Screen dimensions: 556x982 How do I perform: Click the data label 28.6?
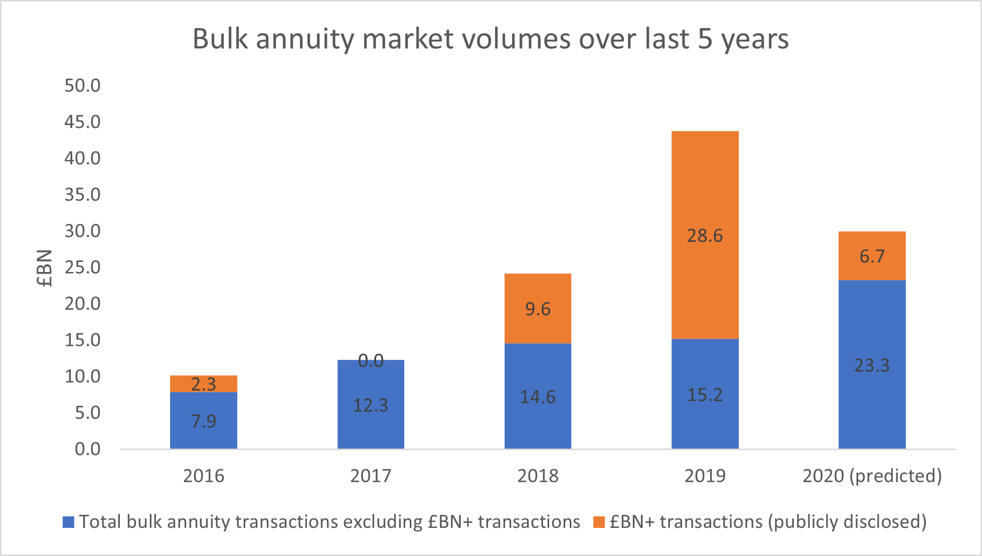[x=705, y=235]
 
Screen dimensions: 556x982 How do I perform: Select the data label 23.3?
[x=872, y=365]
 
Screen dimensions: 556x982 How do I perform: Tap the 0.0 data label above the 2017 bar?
[x=371, y=360]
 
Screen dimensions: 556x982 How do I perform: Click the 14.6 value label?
[x=538, y=397]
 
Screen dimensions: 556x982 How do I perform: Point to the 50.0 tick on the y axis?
[x=82, y=86]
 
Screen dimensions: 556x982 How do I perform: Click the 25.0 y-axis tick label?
[x=82, y=267]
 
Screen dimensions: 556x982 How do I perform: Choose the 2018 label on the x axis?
[x=538, y=476]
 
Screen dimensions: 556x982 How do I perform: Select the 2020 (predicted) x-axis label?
[x=872, y=476]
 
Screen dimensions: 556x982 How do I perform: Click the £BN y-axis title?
[x=45, y=268]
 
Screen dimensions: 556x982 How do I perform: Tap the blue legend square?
[x=68, y=522]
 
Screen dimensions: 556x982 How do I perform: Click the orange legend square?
[x=599, y=522]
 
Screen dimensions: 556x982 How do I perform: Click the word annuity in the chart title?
[x=305, y=39]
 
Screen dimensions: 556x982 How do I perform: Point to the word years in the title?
[x=755, y=39]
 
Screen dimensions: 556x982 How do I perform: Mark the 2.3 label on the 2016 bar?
[x=203, y=384]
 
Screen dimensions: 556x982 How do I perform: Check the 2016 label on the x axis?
[x=203, y=476]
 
